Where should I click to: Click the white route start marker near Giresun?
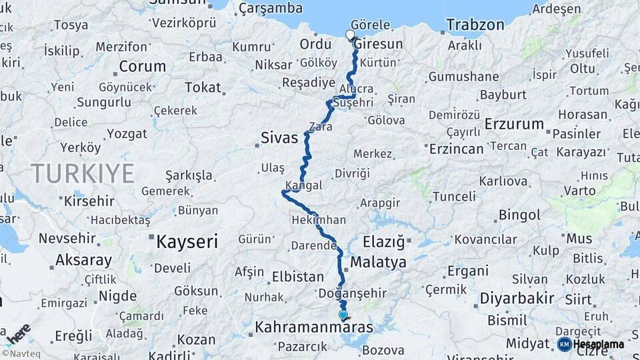tap(350, 35)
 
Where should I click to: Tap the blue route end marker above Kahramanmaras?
tap(343, 315)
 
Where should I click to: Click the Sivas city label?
tap(279, 138)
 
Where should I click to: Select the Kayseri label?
tap(187, 241)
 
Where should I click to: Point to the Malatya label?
tap(378, 262)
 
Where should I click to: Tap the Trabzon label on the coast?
tap(475, 25)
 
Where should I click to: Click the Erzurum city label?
tap(514, 124)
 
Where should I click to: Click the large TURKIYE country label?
tap(83, 173)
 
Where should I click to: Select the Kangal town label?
tap(303, 185)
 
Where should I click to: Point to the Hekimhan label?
tap(319, 219)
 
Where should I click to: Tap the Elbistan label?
tap(298, 276)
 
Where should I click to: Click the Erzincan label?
tap(456, 149)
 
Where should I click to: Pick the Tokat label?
tap(203, 87)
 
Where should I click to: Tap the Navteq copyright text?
tap(20, 354)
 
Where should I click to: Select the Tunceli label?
tap(454, 197)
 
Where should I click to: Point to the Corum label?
tap(142, 67)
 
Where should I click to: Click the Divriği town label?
tap(351, 173)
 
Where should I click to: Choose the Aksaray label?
tap(83, 260)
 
